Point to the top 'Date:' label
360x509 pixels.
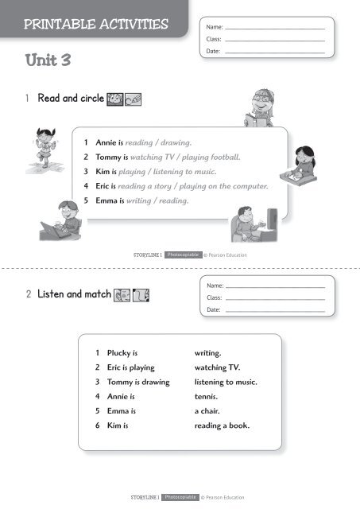tap(213, 52)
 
